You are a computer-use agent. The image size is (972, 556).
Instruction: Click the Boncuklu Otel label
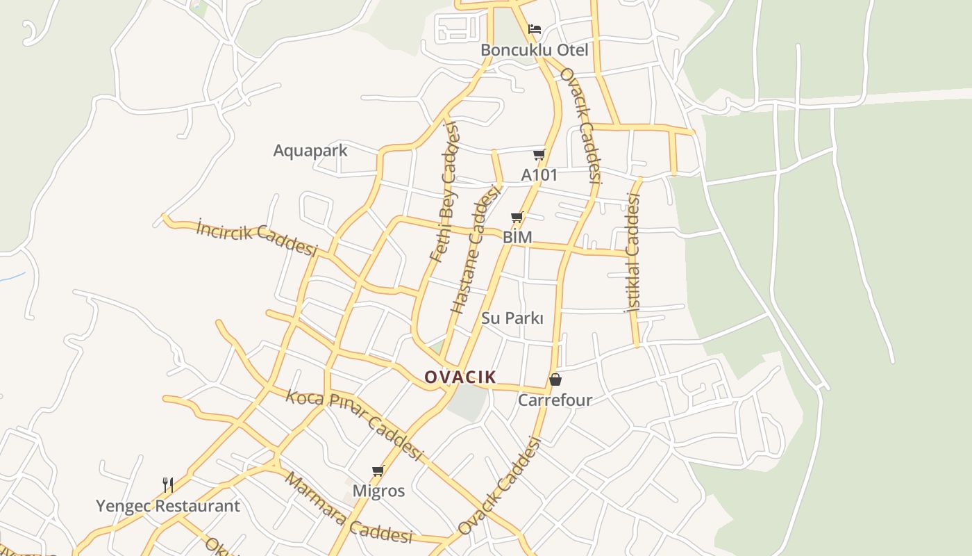coord(534,50)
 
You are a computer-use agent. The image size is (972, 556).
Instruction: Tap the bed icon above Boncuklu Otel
coord(535,29)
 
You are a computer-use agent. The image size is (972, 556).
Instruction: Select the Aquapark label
coord(310,150)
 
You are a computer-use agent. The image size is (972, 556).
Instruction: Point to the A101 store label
coord(539,174)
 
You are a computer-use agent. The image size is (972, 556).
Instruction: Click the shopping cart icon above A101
coord(539,154)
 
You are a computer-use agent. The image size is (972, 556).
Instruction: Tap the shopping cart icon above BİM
coord(517,218)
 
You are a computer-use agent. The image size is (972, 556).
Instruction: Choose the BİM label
coord(517,237)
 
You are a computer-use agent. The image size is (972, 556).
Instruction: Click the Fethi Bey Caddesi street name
coord(444,192)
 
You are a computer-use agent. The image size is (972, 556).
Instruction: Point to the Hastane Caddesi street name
coord(476,249)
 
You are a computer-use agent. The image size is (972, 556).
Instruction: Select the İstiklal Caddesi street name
coord(633,252)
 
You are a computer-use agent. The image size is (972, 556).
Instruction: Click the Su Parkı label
coord(512,318)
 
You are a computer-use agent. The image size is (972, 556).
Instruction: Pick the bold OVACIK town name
coord(460,377)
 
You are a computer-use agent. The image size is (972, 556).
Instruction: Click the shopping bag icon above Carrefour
coord(555,379)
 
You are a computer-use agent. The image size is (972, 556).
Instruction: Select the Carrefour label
coord(555,400)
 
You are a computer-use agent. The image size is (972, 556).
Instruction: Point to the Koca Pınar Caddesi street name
coord(354,425)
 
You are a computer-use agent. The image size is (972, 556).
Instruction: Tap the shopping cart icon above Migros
coord(378,471)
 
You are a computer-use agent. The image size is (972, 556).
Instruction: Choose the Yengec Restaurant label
coord(168,505)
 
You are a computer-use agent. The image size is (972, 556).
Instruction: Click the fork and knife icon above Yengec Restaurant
coord(167,484)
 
